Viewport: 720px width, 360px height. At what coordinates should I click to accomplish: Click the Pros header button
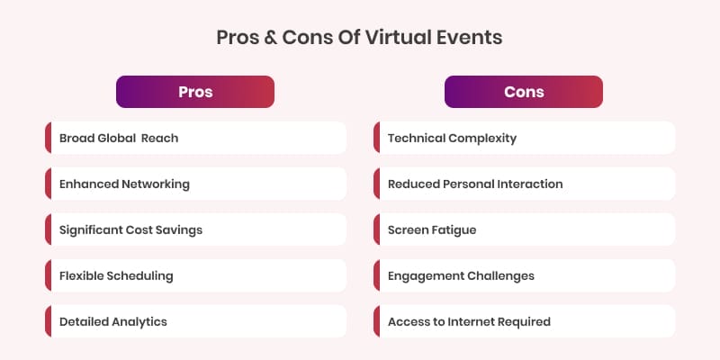[x=195, y=92]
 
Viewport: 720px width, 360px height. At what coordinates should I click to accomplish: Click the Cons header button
[x=524, y=92]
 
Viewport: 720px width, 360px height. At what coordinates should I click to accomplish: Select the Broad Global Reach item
[x=195, y=138]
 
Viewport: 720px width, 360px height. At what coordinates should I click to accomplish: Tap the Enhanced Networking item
[x=195, y=184]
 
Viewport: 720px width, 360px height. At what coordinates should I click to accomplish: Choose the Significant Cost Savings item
[x=195, y=229]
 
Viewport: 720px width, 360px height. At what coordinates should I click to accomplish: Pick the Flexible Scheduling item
[x=195, y=275]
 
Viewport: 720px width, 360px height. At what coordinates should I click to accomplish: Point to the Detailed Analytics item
[x=195, y=321]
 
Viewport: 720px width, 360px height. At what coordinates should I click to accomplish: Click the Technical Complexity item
[x=524, y=138]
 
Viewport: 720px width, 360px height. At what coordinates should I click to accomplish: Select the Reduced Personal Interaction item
[x=524, y=184]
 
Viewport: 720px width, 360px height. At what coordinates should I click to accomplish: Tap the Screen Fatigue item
[x=524, y=229]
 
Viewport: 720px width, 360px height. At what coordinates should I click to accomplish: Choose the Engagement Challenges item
[x=524, y=275]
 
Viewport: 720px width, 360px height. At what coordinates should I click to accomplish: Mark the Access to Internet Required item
[x=524, y=321]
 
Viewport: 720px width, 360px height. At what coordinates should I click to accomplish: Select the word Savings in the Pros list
[x=177, y=229]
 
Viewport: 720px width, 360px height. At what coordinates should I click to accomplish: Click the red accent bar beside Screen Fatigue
[x=376, y=229]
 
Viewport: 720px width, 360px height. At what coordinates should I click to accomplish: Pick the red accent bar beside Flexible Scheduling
[x=48, y=275]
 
